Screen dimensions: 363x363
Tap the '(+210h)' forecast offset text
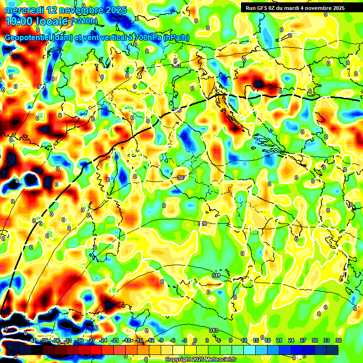pos(84,21)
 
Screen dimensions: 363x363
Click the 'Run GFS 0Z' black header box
pos(295,8)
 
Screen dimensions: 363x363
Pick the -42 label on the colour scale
pos(32,340)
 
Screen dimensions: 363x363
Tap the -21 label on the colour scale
pos(115,340)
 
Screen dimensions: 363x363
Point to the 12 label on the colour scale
pos(244,340)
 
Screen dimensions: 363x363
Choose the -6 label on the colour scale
pos(173,340)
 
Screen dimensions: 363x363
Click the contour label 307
pos(181,178)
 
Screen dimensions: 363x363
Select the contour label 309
pos(202,223)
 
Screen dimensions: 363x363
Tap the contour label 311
pos(216,275)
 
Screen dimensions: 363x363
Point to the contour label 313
pos(214,330)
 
